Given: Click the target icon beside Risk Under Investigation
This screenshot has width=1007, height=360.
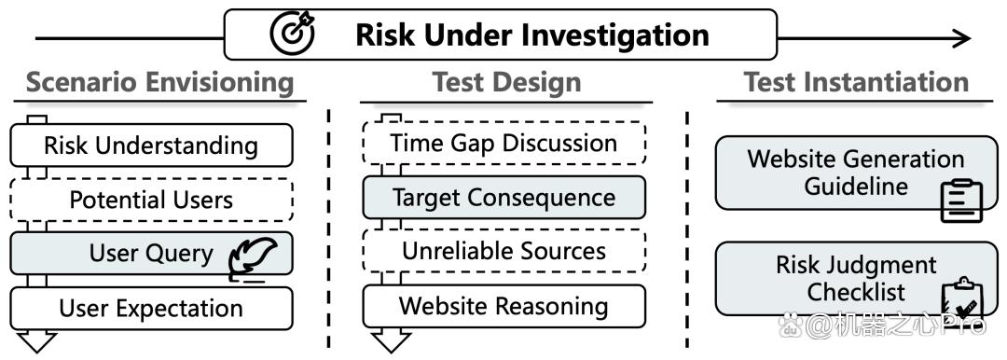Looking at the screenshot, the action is coord(293,34).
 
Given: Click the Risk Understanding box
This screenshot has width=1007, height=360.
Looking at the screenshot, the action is coord(152,145).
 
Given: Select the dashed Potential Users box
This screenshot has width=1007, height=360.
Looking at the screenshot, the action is coord(152,200).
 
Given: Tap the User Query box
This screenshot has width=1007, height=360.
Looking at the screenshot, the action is coord(152,254).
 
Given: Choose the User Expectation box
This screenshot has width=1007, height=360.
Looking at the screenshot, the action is coord(152,308).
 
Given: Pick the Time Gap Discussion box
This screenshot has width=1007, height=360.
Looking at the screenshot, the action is coord(504,143).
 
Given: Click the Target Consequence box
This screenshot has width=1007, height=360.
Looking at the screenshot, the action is coord(504,198).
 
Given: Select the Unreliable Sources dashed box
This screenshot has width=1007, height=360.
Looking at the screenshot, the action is coord(504,251).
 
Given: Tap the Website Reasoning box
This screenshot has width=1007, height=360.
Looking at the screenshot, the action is coord(504,305).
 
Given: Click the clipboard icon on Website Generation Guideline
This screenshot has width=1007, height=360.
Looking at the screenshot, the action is coord(961,201).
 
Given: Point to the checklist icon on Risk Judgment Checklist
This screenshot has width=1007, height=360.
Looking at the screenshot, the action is coord(961,299).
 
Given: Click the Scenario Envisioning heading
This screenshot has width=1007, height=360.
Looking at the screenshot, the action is coord(160,83).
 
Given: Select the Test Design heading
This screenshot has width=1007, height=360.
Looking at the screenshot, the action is coord(506,82).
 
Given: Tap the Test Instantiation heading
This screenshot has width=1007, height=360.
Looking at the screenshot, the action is coord(856,82).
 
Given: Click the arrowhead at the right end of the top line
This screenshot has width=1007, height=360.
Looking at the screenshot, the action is coord(961,38).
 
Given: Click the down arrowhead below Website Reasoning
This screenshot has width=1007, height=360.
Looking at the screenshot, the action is coord(391,340).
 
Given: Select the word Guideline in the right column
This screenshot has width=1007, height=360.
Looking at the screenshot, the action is coord(856,187).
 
